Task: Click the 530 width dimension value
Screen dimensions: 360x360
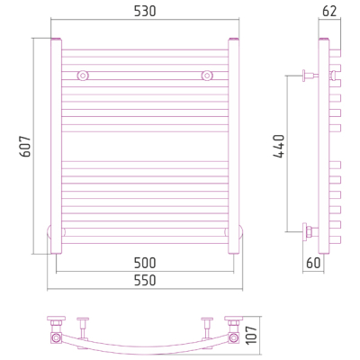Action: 145,12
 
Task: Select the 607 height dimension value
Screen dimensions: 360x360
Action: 25,147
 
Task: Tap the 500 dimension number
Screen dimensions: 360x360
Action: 145,263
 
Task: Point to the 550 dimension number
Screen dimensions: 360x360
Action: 145,280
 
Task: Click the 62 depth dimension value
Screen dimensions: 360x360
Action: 329,12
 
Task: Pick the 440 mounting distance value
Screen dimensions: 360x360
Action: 279,147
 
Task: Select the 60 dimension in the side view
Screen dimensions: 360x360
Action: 313,263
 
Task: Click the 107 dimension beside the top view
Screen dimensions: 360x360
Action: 252,335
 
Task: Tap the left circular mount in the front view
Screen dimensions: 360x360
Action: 83,76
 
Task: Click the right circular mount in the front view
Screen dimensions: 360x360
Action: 207,76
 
